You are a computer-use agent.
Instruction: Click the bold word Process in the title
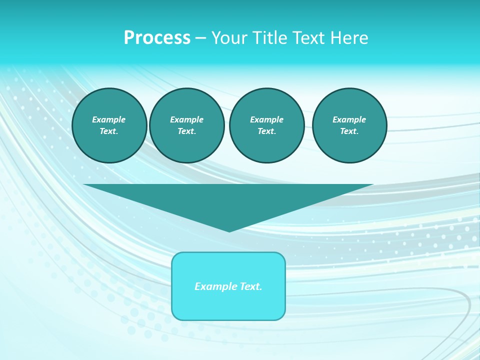(x=157, y=38)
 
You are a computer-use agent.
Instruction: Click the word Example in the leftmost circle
(x=109, y=119)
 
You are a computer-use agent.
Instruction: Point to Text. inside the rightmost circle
(x=349, y=131)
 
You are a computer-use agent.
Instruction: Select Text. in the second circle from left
(x=186, y=131)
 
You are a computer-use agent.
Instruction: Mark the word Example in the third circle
(x=266, y=119)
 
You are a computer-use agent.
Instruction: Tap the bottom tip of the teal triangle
(x=229, y=230)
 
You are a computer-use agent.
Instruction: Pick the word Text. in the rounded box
(x=250, y=286)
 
